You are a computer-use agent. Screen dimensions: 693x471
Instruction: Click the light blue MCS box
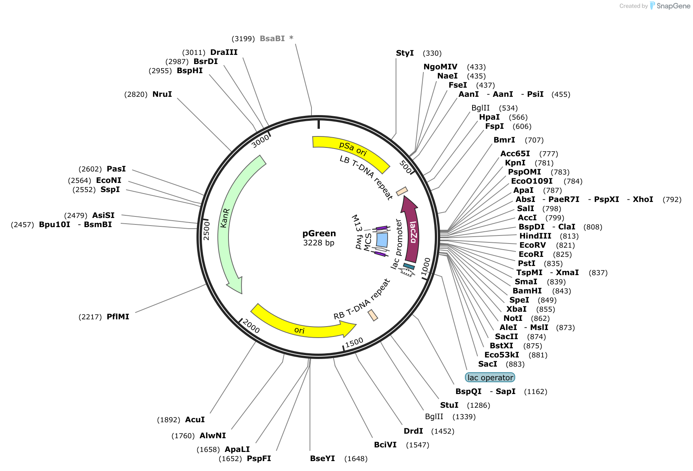coord(382,240)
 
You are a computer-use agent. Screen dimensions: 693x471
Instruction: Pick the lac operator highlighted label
coord(490,378)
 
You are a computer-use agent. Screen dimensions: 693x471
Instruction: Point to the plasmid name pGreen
coord(319,234)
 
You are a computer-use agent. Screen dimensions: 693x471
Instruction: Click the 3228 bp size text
coord(319,243)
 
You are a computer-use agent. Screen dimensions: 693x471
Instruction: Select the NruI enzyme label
coord(162,94)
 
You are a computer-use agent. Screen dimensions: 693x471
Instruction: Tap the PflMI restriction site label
coord(118,317)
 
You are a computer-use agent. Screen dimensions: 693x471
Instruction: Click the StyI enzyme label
coord(405,53)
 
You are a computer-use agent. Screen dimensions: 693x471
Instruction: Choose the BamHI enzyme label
coord(527,291)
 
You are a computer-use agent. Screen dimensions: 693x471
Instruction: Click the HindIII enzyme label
coord(535,236)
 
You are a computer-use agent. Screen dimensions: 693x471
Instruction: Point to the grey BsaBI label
coord(272,38)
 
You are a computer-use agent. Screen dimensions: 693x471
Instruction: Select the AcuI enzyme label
coord(195,420)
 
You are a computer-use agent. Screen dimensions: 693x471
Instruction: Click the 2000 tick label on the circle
coord(251,326)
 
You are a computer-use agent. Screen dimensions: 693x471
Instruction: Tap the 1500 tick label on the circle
coord(354,343)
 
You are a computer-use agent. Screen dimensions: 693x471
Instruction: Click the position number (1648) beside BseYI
coord(356,458)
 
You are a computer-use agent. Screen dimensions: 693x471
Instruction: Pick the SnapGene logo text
coord(673,6)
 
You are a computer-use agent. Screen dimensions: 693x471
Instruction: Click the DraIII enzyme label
coord(224,52)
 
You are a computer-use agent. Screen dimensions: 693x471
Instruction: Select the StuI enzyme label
coord(449,405)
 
